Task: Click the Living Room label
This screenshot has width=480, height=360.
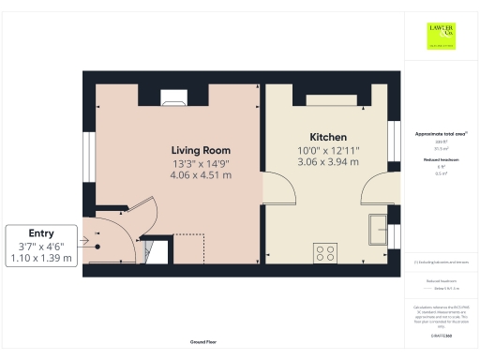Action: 201,150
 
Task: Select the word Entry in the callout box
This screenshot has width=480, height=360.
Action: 40,232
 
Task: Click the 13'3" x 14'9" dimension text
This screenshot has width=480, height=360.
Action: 201,162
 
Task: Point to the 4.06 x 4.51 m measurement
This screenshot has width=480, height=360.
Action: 201,174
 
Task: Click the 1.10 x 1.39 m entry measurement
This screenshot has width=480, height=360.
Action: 40,258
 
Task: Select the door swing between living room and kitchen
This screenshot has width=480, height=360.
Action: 281,187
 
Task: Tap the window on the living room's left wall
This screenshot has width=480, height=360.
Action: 86,153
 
